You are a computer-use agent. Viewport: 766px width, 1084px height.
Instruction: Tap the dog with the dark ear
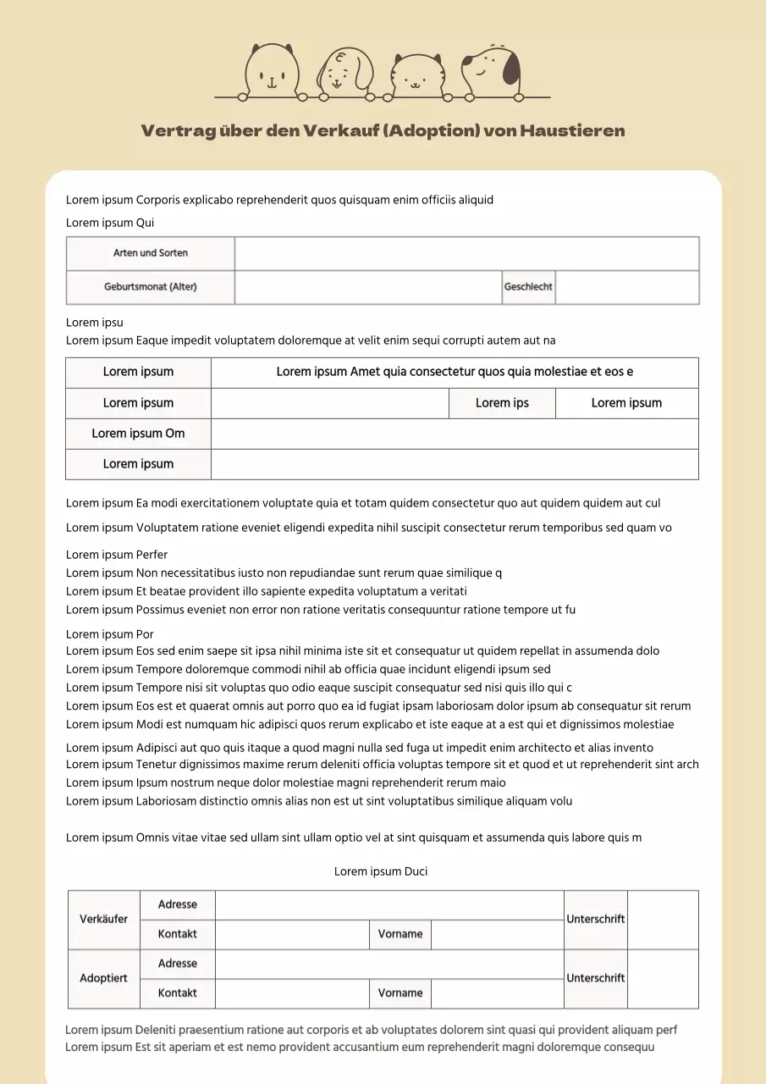pyautogui.click(x=492, y=67)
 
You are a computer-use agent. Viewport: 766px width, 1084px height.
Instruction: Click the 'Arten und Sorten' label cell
pyautogui.click(x=151, y=253)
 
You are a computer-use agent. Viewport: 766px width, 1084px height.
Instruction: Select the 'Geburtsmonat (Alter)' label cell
pyautogui.click(x=151, y=287)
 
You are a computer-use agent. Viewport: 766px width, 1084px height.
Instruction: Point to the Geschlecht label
pyautogui.click(x=528, y=287)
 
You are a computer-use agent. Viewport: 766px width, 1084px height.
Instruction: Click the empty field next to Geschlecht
pyautogui.click(x=627, y=287)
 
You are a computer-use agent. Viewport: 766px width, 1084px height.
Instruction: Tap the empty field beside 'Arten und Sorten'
pyautogui.click(x=466, y=253)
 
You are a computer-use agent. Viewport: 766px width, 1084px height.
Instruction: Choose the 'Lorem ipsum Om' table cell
pyautogui.click(x=138, y=434)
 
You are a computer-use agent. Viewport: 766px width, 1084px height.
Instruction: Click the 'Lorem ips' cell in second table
pyautogui.click(x=502, y=403)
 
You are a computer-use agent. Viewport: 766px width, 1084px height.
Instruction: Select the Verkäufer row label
pyautogui.click(x=104, y=920)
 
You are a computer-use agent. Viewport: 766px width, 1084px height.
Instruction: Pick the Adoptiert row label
pyautogui.click(x=104, y=979)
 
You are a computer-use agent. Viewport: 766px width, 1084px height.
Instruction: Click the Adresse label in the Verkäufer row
pyautogui.click(x=178, y=905)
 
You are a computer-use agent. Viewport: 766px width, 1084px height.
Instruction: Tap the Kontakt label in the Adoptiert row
pyautogui.click(x=178, y=993)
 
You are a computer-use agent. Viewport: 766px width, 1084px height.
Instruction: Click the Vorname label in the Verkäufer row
pyautogui.click(x=400, y=935)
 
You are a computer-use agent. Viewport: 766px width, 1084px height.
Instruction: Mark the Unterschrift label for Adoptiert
pyautogui.click(x=596, y=979)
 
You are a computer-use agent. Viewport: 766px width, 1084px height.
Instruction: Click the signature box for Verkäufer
pyautogui.click(x=663, y=920)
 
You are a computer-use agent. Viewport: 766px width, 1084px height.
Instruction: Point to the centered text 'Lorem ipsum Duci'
pyautogui.click(x=381, y=871)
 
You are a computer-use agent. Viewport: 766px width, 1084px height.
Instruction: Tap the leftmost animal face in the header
pyautogui.click(x=273, y=69)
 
